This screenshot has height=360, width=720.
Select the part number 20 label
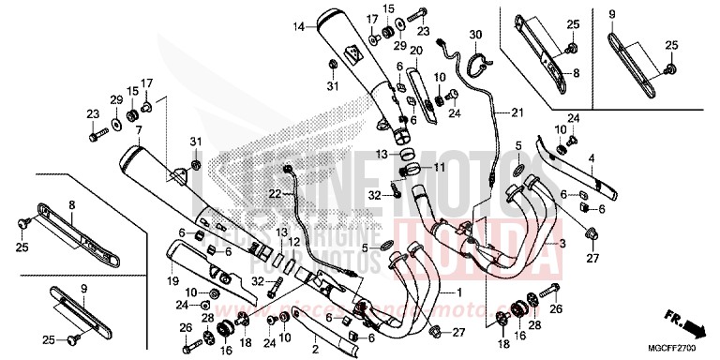pyautogui.click(x=415, y=50)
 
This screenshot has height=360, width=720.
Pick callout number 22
pyautogui.click(x=248, y=194)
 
